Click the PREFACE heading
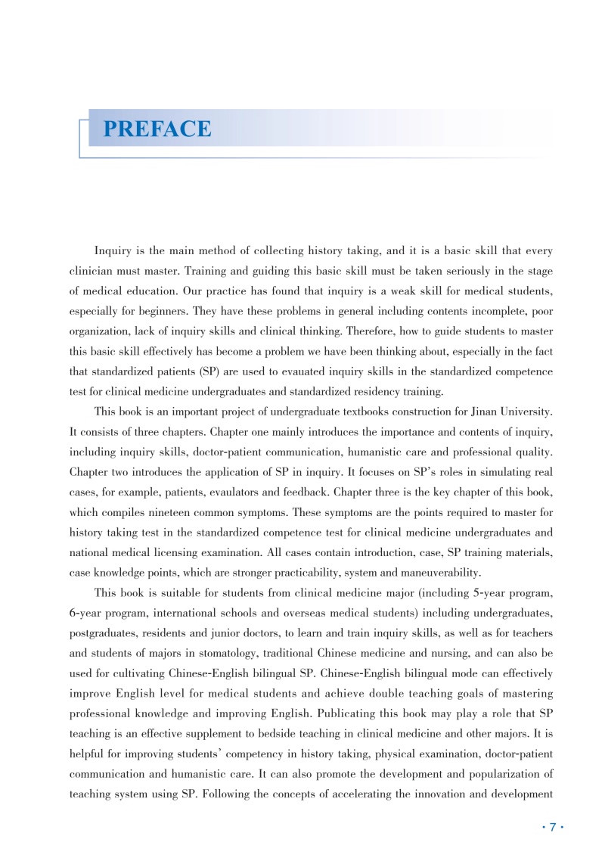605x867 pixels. pos(157,129)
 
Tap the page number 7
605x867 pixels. pos(553,827)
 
